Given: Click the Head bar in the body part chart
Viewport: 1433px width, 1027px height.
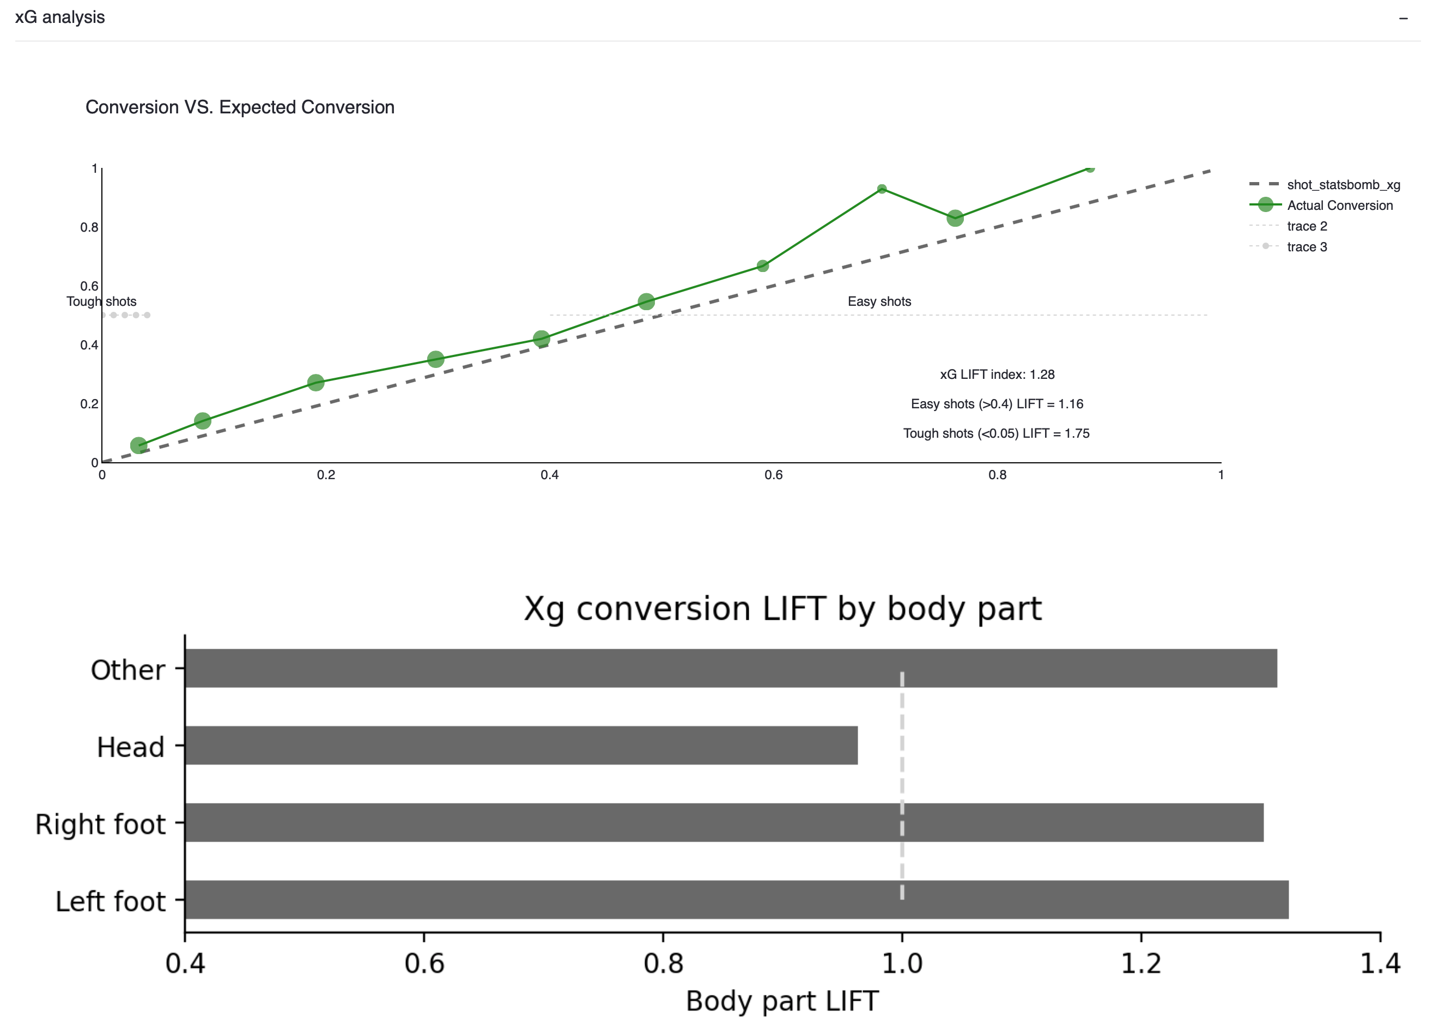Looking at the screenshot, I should [x=521, y=745].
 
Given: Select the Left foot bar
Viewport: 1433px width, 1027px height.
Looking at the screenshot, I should [x=736, y=899].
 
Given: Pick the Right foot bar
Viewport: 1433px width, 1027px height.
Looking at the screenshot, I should [x=724, y=821].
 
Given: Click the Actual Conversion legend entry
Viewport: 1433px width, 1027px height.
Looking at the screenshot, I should [x=1339, y=206].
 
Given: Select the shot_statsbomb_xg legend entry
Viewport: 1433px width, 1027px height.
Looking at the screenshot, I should [x=1343, y=185].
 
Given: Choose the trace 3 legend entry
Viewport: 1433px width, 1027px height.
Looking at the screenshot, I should [x=1307, y=247].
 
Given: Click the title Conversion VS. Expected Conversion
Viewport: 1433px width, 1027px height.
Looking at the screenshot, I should [x=240, y=107].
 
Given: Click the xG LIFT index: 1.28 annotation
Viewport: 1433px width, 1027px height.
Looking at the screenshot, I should [x=997, y=374].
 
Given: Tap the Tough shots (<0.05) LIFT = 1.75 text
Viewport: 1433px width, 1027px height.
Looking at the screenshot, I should [x=997, y=433].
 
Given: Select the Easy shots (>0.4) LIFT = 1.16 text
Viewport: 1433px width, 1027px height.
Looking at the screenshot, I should [x=997, y=404].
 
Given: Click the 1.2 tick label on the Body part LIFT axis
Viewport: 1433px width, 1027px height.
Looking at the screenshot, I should [x=1141, y=964].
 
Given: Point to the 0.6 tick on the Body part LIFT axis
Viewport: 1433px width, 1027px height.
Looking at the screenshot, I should [x=424, y=964].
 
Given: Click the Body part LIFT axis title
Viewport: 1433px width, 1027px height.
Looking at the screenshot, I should [x=782, y=1001].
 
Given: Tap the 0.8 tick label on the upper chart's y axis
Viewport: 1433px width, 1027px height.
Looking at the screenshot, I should [x=89, y=227].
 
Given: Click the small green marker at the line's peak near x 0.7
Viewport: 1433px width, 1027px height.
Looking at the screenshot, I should [x=882, y=189].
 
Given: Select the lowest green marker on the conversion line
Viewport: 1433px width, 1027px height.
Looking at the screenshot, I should [x=138, y=445].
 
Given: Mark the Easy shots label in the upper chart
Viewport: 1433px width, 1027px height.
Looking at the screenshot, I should [x=879, y=301].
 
